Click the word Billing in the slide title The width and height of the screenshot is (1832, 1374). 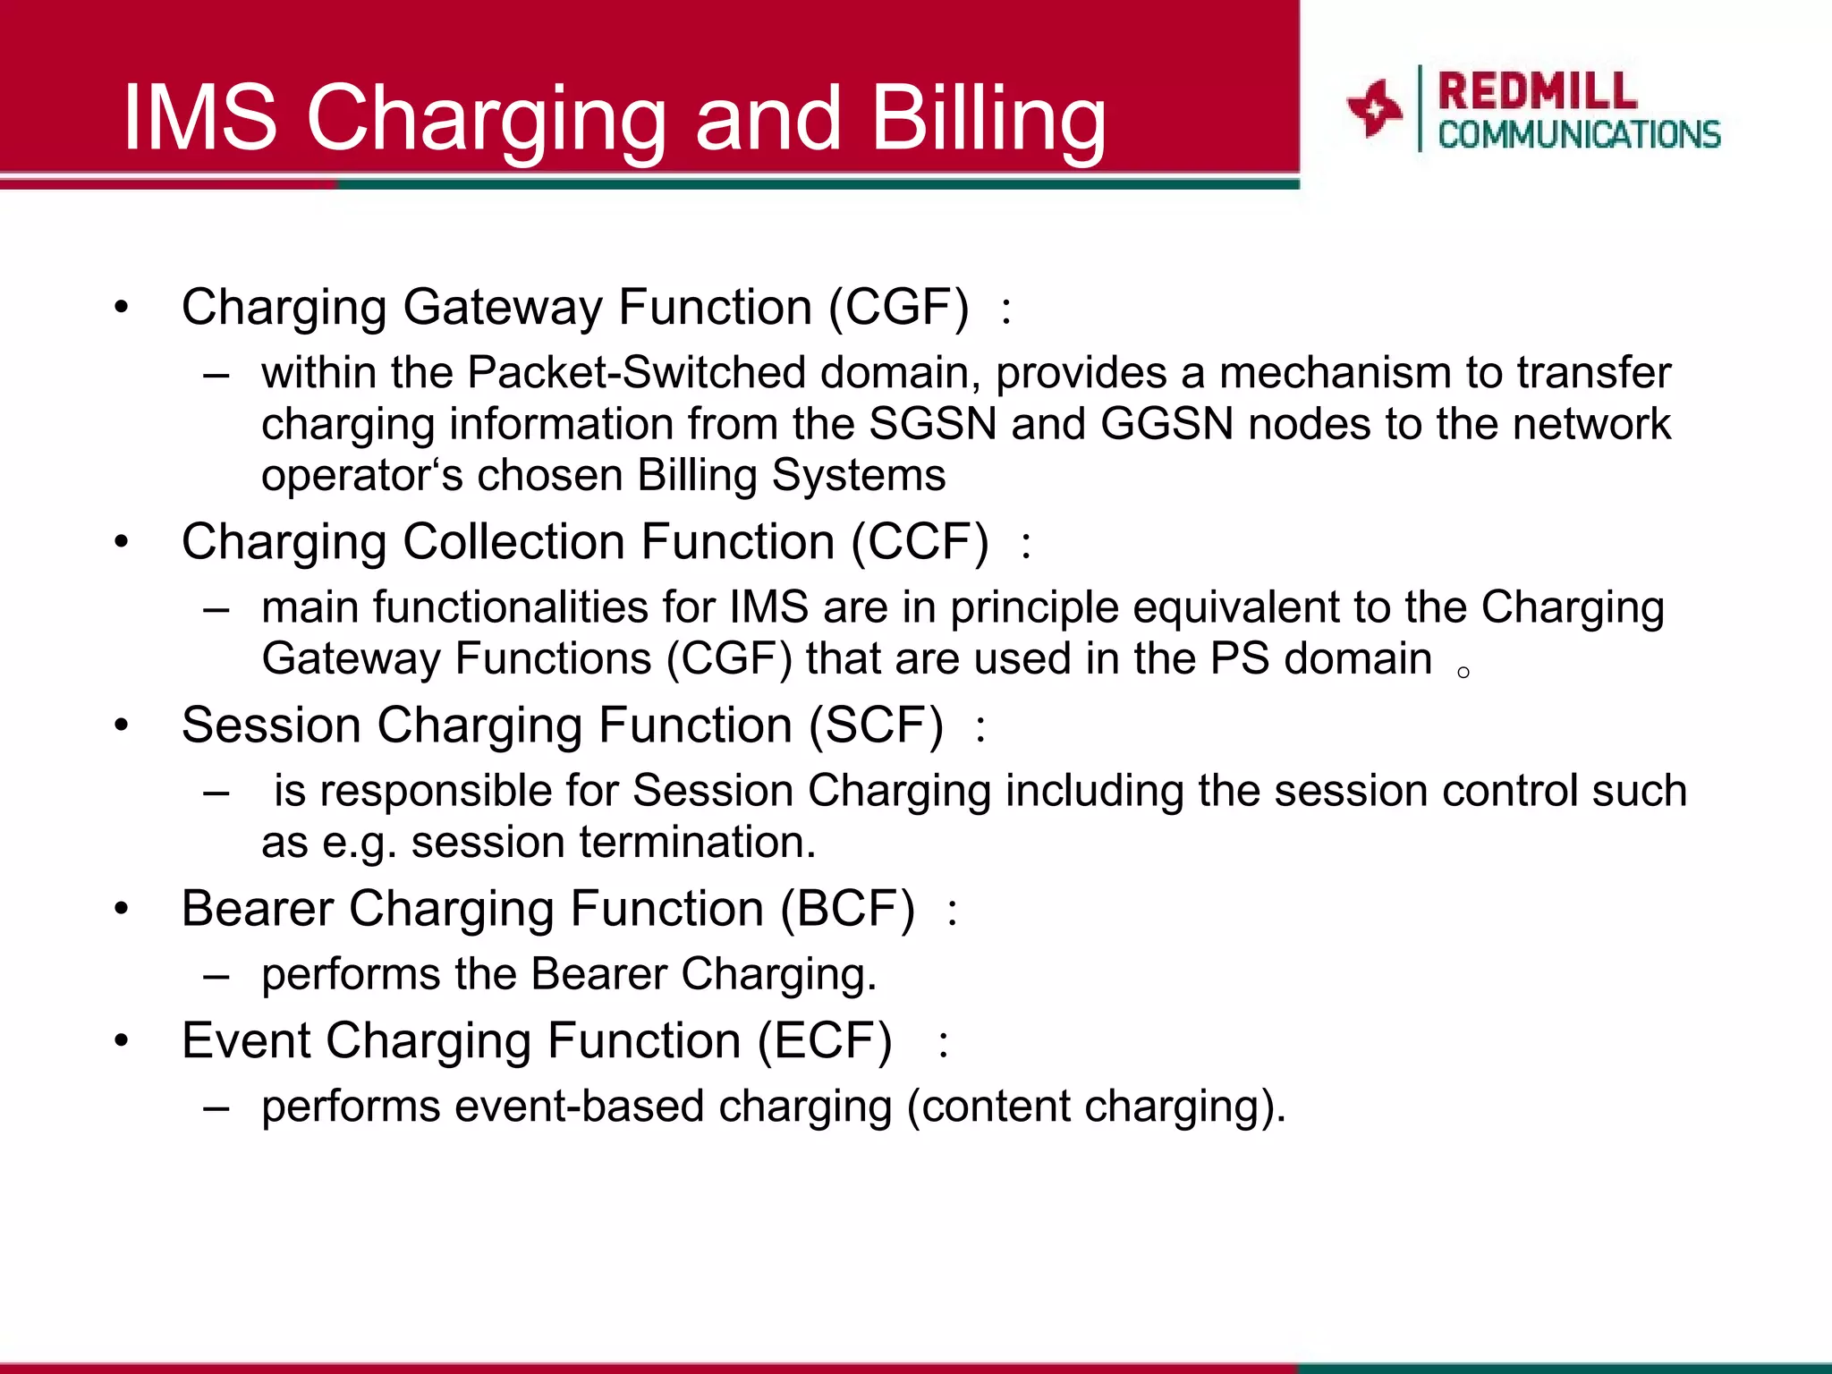988,118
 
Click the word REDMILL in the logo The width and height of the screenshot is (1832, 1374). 1537,91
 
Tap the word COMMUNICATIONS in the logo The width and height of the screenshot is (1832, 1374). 1579,135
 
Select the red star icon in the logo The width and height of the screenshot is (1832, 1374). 1373,108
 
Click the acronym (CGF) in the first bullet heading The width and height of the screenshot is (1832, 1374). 898,307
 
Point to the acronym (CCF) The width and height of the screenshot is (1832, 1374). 920,542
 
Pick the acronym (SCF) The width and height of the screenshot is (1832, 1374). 876,725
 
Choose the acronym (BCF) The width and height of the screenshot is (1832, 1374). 847,909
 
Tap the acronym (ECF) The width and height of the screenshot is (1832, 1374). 825,1041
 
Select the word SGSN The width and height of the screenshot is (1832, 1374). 932,424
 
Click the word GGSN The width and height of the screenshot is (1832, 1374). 1166,424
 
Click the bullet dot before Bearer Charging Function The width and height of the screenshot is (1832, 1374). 122,910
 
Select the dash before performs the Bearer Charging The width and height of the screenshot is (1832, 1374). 216,975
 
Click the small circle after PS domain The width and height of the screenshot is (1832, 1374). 1463,673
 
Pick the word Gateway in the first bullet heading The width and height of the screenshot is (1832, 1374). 503,307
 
